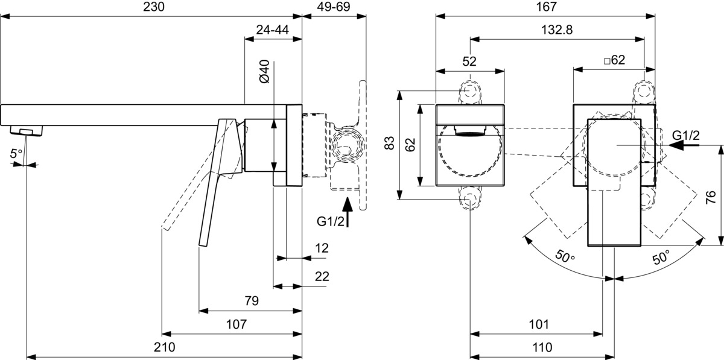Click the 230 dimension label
click(x=154, y=7)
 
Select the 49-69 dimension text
click(x=333, y=7)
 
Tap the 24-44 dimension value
click(x=273, y=30)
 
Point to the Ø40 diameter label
click(x=264, y=72)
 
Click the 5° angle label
click(x=16, y=154)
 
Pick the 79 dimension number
click(x=252, y=301)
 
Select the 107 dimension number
click(x=237, y=324)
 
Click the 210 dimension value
click(x=165, y=347)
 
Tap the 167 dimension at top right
click(x=547, y=7)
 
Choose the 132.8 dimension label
click(x=557, y=30)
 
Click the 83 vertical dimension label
click(x=390, y=143)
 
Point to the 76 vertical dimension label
click(x=711, y=197)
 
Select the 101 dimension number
click(x=539, y=324)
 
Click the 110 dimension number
click(x=542, y=347)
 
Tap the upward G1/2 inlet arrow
click(x=348, y=212)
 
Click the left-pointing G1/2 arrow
click(x=684, y=145)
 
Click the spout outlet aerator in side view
click(x=27, y=130)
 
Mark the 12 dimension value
click(x=322, y=248)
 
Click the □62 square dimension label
click(x=614, y=60)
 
